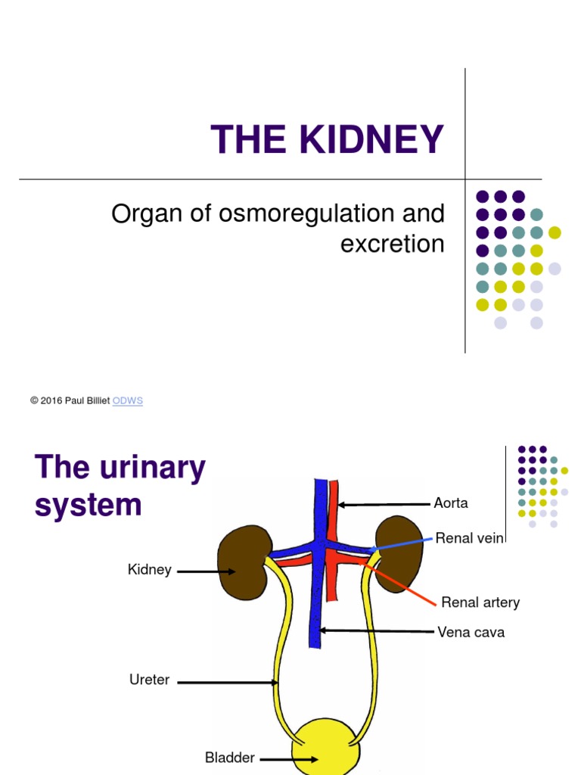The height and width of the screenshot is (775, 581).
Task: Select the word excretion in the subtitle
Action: pyautogui.click(x=392, y=244)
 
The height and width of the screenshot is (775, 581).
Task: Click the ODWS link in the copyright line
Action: pyautogui.click(x=127, y=401)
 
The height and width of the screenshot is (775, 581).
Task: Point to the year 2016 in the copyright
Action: pyautogui.click(x=50, y=401)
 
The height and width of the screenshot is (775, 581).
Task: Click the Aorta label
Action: pyautogui.click(x=451, y=503)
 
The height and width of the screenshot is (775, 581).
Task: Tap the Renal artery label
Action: pyautogui.click(x=480, y=603)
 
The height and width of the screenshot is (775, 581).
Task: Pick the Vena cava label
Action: pyautogui.click(x=471, y=631)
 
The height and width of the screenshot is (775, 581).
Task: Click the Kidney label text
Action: pyautogui.click(x=150, y=570)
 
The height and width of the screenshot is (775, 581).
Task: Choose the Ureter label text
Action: pyautogui.click(x=149, y=680)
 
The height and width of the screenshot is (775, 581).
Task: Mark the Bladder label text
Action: pyautogui.click(x=230, y=757)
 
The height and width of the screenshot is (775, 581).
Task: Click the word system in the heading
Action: pyautogui.click(x=88, y=505)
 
